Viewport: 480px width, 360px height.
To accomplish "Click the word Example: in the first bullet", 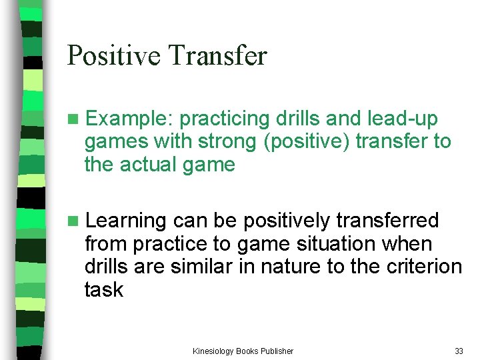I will tap(130, 119).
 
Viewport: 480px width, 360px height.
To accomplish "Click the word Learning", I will tap(127, 221).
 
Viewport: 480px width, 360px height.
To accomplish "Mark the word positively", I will tap(285, 221).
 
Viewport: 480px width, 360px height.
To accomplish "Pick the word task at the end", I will tap(103, 289).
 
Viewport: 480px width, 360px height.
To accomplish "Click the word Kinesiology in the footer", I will tap(214, 351).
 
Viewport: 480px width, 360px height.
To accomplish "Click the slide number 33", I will tap(459, 351).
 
